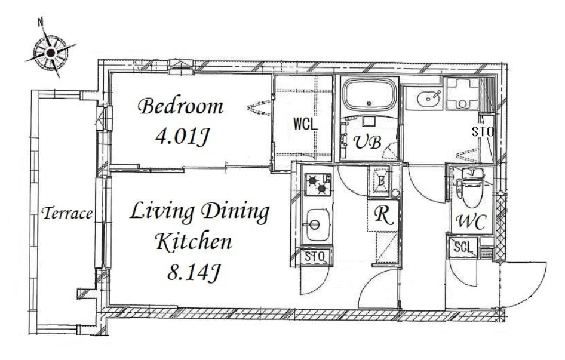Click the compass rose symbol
click(51, 53)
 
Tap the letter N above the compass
click(41, 22)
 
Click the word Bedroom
click(181, 107)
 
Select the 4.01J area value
click(182, 137)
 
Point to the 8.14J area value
click(194, 272)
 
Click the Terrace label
click(67, 214)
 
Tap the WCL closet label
click(305, 124)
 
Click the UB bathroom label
click(367, 142)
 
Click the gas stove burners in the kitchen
click(318, 184)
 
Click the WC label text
click(472, 222)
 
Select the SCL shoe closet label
click(463, 248)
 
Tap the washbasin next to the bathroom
click(428, 97)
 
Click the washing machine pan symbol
click(462, 93)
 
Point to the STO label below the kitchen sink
click(315, 257)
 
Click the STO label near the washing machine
click(483, 132)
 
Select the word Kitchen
click(194, 242)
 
